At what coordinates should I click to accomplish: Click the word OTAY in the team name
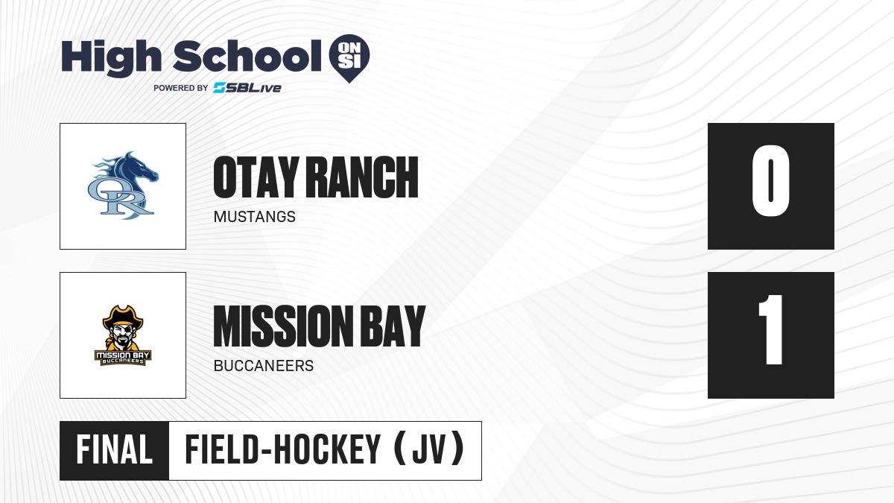tap(256, 177)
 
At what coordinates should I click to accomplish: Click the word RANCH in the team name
tap(362, 177)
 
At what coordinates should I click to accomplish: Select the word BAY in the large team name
tap(393, 326)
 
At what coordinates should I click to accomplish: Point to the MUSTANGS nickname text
tap(255, 217)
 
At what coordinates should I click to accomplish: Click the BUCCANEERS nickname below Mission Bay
tap(264, 366)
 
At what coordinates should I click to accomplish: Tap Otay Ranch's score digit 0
tap(770, 180)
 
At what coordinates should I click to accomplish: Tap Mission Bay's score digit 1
tap(770, 329)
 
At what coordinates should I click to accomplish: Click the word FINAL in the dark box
tap(114, 449)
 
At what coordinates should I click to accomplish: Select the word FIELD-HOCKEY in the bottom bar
tap(282, 449)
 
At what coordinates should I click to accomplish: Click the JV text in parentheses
tap(428, 449)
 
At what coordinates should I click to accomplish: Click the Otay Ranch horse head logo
tap(123, 186)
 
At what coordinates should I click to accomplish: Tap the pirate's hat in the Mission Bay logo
tap(123, 317)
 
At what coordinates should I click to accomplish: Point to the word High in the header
tap(111, 57)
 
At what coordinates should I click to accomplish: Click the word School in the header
tap(247, 55)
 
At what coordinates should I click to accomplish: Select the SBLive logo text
tap(247, 87)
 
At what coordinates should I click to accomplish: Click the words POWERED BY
tap(181, 88)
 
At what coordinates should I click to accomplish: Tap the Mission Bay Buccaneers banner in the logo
tap(123, 358)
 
